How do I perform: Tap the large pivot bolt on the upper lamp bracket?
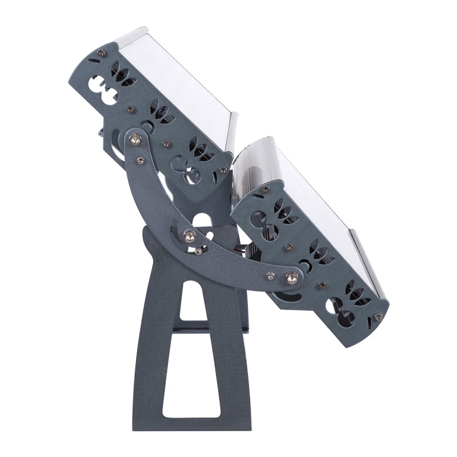(x=135, y=137)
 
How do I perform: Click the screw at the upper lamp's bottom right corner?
(x=223, y=170)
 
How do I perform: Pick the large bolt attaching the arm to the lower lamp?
(x=291, y=278)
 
